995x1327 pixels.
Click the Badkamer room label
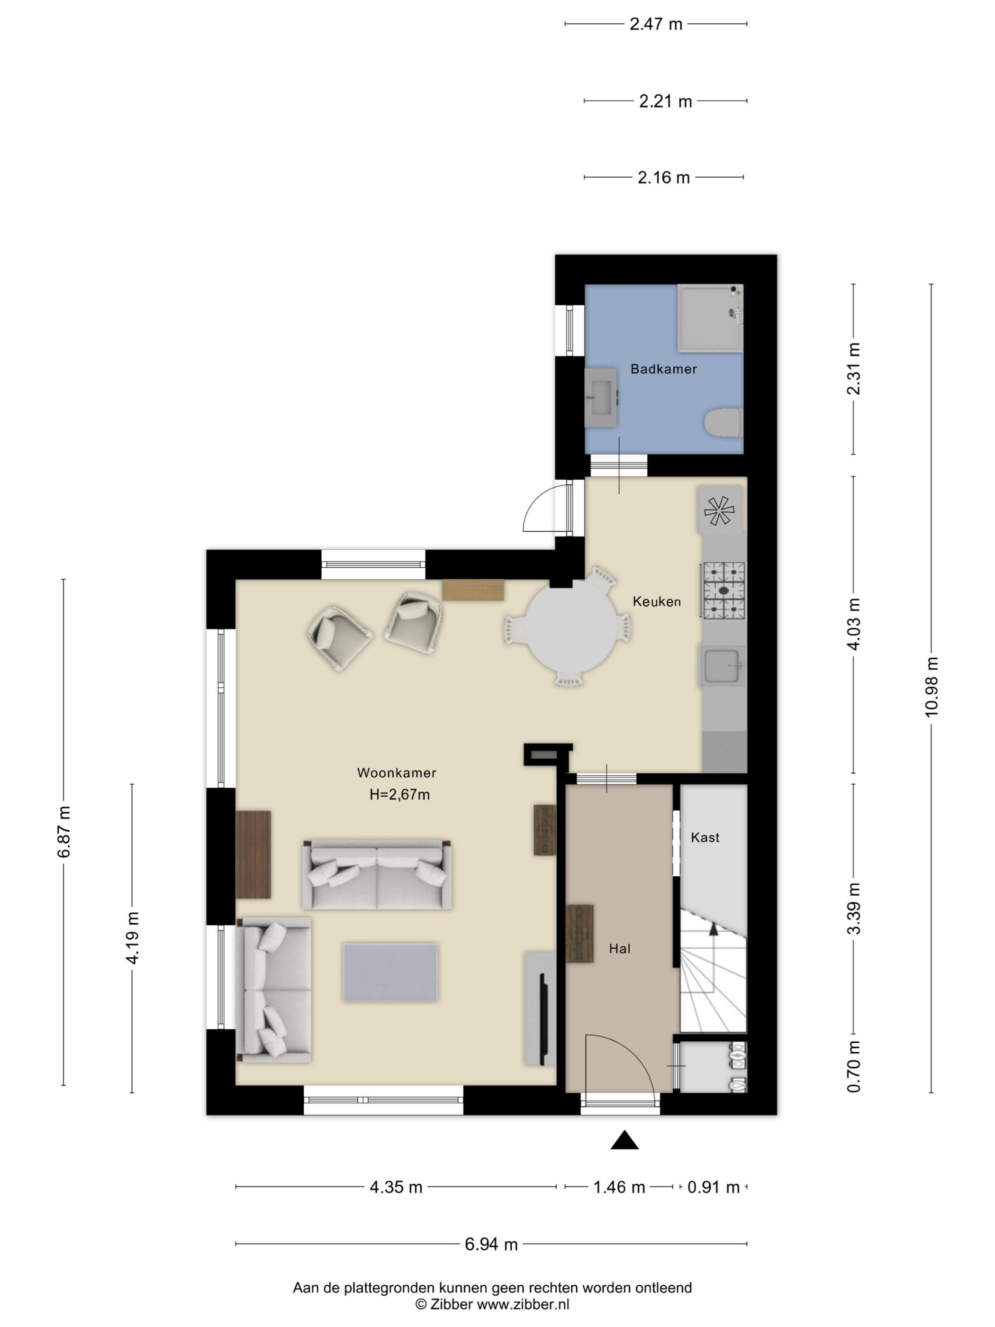click(x=663, y=369)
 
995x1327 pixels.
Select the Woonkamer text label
click(x=397, y=773)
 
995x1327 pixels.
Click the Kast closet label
click(x=705, y=837)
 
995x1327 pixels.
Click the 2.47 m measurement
click(x=656, y=24)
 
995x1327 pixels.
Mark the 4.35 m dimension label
click(x=396, y=1187)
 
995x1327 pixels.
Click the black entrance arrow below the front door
click(x=624, y=1140)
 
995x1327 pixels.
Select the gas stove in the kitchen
click(x=724, y=591)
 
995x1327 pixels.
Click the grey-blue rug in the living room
click(x=390, y=973)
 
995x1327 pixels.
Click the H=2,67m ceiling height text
click(x=399, y=795)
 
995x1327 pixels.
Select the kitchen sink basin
click(x=722, y=666)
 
